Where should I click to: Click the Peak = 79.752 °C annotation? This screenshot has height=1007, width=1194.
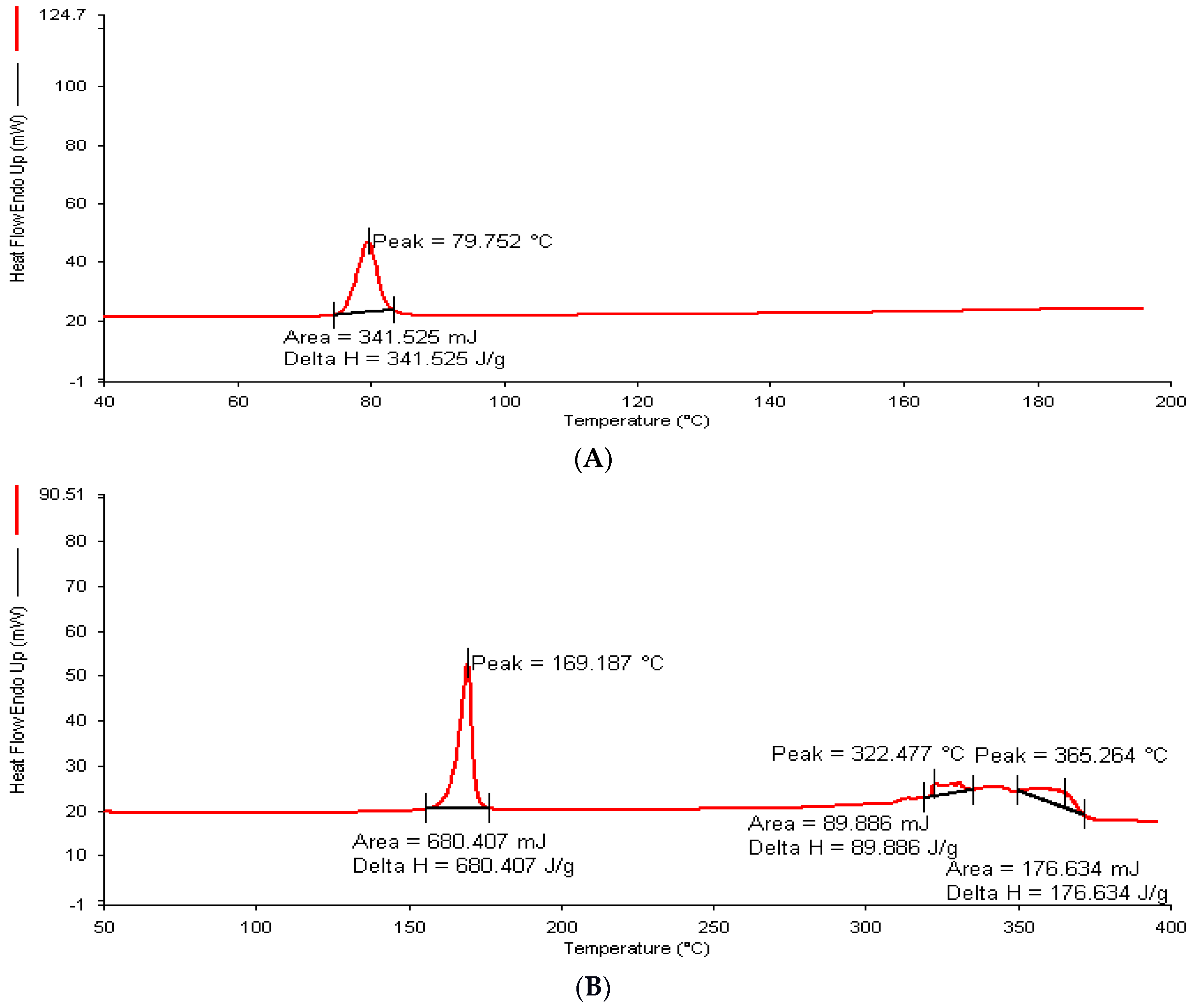462,241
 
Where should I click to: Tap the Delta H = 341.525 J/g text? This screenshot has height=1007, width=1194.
394,359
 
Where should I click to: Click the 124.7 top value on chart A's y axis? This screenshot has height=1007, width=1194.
62,15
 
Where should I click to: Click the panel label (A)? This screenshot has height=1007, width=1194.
593,459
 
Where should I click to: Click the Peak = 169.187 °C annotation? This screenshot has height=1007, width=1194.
568,663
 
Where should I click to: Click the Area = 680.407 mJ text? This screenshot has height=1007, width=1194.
450,841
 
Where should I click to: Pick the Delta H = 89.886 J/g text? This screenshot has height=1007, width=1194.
853,848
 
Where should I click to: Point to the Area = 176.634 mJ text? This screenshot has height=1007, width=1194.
1043,869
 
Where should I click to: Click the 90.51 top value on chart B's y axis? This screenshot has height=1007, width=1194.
62,494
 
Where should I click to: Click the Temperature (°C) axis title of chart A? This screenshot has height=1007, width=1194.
637,421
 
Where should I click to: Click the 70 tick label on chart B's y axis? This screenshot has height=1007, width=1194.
76,586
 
